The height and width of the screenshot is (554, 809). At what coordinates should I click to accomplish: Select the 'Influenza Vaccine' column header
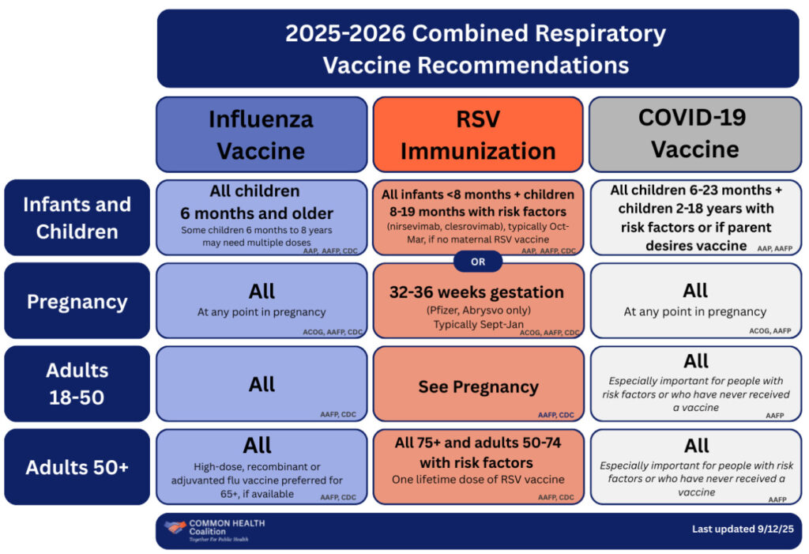click(x=261, y=134)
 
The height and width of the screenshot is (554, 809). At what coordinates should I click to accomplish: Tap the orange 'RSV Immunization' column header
click(x=478, y=134)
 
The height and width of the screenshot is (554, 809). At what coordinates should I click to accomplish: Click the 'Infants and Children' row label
click(x=77, y=218)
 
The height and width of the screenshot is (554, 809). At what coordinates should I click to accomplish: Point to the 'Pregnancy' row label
click(x=77, y=302)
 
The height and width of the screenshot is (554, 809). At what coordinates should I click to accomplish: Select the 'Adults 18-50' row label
click(x=77, y=383)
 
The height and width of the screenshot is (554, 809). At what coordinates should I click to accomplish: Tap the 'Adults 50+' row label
click(x=77, y=467)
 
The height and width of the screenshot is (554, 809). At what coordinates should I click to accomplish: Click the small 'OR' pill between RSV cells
click(x=478, y=262)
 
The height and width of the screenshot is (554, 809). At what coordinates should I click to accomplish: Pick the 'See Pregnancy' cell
click(x=478, y=387)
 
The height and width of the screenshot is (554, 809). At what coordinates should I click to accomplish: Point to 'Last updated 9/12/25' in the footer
click(x=742, y=530)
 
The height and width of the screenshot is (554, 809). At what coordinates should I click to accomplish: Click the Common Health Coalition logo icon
click(x=175, y=527)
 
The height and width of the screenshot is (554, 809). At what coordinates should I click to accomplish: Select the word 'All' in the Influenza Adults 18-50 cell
click(x=262, y=384)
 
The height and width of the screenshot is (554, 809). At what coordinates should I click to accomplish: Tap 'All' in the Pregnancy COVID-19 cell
click(x=695, y=290)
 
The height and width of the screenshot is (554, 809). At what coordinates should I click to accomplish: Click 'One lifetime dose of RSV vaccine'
click(x=478, y=480)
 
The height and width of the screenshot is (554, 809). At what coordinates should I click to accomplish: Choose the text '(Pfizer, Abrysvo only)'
click(x=478, y=309)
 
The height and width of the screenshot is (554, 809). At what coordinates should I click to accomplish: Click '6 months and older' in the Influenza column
click(x=262, y=213)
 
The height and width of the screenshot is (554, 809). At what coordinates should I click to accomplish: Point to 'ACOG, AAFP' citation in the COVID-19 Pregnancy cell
click(x=769, y=331)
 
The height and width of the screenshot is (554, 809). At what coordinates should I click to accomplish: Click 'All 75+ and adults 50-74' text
click(x=478, y=443)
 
